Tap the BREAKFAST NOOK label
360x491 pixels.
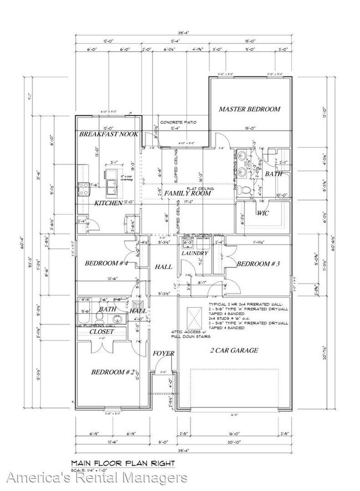point(109,135)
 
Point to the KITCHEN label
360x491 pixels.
point(108,204)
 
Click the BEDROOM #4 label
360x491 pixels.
point(106,263)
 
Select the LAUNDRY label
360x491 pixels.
point(195,254)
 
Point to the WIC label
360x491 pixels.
point(262,213)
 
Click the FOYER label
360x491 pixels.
point(164,353)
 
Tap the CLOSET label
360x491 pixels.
point(102,332)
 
